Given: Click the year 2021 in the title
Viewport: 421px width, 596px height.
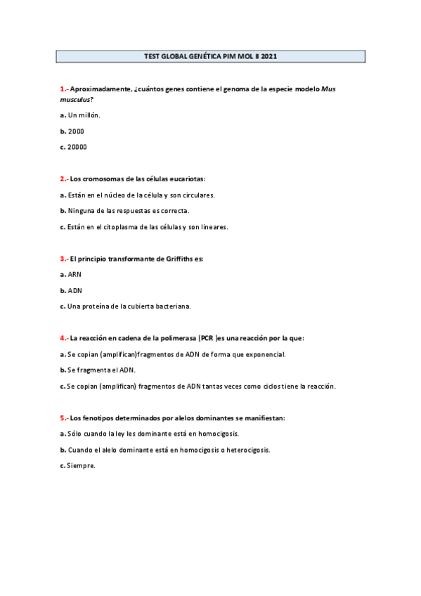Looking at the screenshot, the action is tap(268, 56).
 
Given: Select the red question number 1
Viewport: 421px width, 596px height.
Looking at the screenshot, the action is tap(63, 89).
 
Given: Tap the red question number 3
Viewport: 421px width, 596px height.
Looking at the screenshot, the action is tap(63, 259).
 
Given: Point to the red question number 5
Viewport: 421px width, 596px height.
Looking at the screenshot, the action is tap(63, 417).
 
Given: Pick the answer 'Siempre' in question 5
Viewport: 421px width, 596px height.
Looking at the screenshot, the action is tap(81, 465).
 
